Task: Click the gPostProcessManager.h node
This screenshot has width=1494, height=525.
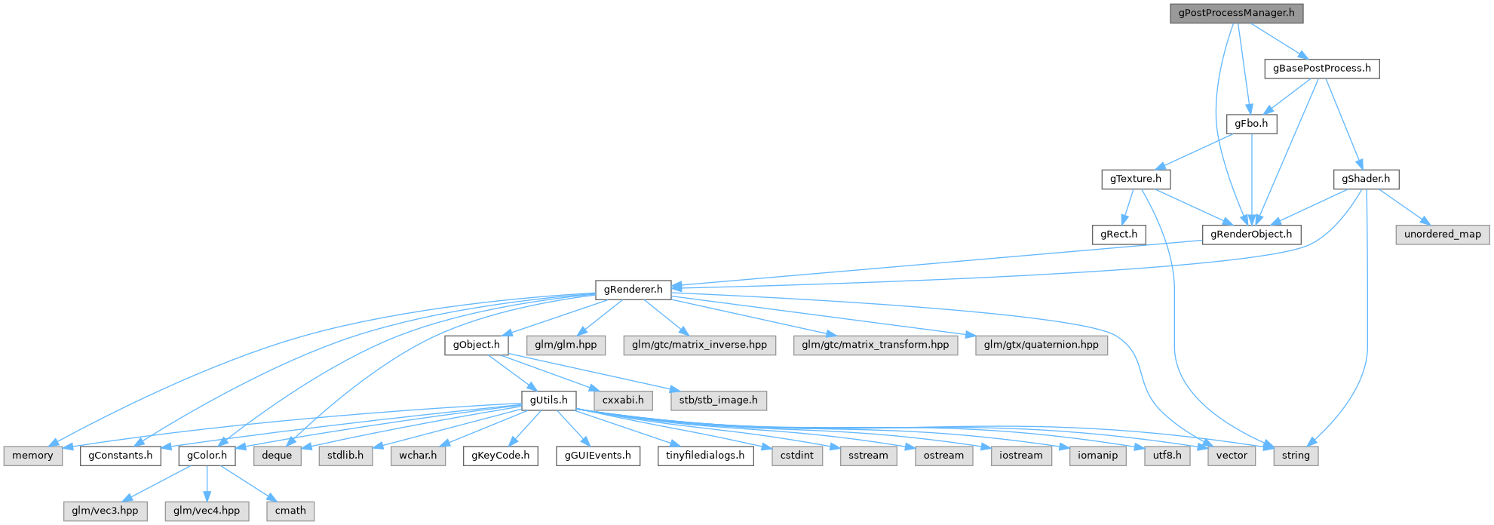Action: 1236,14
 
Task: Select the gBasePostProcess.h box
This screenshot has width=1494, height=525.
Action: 1322,69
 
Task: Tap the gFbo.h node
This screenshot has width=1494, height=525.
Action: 1251,124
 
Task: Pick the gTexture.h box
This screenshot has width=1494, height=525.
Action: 1135,180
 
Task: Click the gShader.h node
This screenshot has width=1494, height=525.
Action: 1366,180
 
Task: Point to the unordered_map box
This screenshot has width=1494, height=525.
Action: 1442,235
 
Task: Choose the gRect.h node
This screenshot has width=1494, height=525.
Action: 1118,235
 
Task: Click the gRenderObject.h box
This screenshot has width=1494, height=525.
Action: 1250,235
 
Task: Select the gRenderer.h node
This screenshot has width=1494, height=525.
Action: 633,290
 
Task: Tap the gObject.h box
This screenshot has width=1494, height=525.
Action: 476,345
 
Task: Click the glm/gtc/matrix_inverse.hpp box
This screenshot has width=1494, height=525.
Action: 699,345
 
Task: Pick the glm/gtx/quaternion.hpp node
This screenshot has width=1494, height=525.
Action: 1042,345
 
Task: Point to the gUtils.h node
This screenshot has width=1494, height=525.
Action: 548,400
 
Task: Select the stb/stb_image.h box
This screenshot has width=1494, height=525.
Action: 718,400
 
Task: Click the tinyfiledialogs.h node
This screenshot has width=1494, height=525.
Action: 704,456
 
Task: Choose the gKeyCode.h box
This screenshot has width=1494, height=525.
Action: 501,456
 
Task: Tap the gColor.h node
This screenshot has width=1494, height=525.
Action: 207,456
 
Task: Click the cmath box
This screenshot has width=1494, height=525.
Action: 290,511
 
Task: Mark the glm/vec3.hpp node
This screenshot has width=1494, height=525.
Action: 105,511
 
